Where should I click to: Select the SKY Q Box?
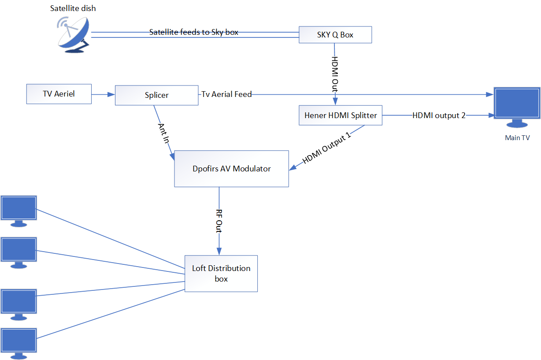tap(335, 35)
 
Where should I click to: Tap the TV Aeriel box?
tap(59, 94)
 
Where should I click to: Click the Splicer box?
tap(156, 95)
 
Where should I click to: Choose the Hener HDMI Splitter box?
tap(341, 115)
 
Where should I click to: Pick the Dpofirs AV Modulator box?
tap(231, 168)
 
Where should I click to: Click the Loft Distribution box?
tap(221, 273)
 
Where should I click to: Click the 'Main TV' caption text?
tap(517, 138)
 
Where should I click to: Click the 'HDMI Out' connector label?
tap(335, 74)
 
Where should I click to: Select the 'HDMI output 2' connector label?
tap(439, 115)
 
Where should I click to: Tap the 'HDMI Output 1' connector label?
tap(327, 148)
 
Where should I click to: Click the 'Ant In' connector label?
tap(163, 133)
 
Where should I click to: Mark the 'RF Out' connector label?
tap(219, 220)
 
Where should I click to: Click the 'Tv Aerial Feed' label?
tap(226, 94)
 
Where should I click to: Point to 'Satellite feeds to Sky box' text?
tap(194, 32)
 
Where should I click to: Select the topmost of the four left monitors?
tap(19, 210)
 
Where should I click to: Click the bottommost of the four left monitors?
tap(19, 342)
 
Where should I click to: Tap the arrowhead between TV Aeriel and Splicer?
tap(111, 94)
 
